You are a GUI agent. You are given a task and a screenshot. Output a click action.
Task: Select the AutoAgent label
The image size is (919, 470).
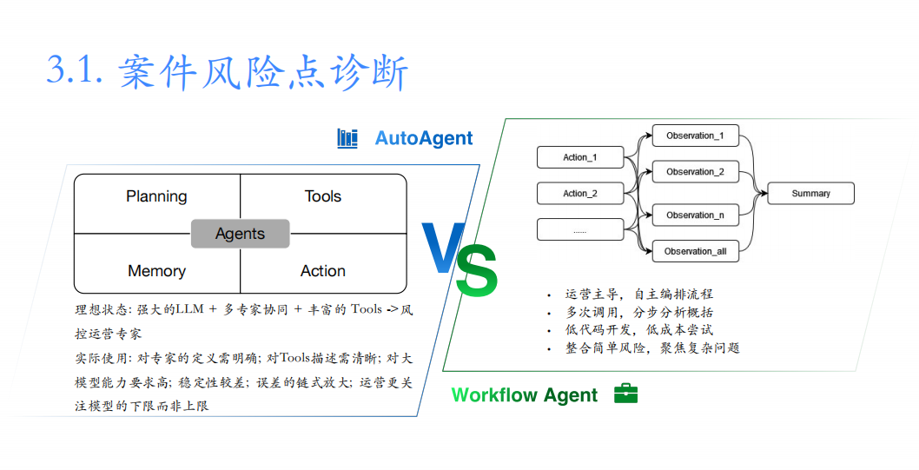coord(424,138)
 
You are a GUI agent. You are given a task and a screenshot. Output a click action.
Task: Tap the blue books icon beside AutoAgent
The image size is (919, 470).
coord(347,138)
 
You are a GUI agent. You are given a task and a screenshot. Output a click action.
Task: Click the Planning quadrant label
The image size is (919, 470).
coord(156,196)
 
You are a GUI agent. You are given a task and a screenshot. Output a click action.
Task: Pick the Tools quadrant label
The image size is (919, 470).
coord(323,196)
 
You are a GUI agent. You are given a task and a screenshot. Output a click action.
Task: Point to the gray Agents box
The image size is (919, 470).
coord(241,234)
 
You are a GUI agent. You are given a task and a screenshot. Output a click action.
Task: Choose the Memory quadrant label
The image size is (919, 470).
coord(156,271)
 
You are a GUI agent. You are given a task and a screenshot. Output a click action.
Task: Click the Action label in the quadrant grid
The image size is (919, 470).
coord(323,271)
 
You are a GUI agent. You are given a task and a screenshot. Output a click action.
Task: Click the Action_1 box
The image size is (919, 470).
coord(580,157)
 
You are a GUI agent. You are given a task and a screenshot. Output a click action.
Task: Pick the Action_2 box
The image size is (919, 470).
coord(580,194)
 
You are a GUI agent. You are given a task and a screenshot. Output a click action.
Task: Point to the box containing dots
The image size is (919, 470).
coord(580,229)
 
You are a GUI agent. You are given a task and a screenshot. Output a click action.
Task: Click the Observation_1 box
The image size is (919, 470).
coord(695,136)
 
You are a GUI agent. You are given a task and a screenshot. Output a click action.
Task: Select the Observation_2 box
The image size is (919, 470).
coord(695,172)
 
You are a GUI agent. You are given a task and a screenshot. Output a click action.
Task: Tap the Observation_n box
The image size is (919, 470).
coord(695,215)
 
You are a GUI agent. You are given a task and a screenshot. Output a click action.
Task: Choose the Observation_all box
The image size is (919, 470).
coord(695,251)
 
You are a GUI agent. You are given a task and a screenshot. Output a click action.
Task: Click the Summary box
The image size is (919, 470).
coord(810,194)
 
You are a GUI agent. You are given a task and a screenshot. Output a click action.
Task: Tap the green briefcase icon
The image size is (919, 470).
coord(625,394)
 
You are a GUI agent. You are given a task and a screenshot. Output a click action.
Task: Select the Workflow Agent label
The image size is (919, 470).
coord(525,395)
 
